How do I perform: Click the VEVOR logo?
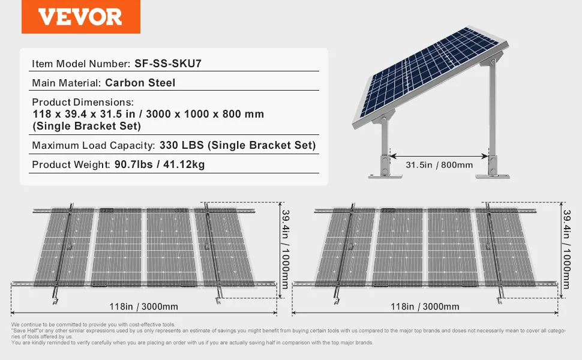point(80,17)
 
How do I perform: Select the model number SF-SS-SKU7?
point(168,64)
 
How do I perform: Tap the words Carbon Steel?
point(140,83)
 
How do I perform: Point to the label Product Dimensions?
point(83,102)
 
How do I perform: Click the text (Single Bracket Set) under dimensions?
point(87,126)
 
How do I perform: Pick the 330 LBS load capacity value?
point(182,145)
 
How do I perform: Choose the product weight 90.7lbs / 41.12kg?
point(160,164)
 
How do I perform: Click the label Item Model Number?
point(81,64)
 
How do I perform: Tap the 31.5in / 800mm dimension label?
point(439,165)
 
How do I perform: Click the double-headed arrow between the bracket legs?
point(439,156)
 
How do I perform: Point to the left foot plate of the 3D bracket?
point(385,176)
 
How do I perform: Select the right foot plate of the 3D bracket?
point(493,176)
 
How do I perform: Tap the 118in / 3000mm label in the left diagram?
point(143,307)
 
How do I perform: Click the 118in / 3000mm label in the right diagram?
point(425,307)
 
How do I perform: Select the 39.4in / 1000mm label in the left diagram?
point(286,250)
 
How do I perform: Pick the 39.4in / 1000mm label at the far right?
point(566,250)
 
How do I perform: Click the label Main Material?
point(67,83)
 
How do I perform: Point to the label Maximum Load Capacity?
point(94,145)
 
